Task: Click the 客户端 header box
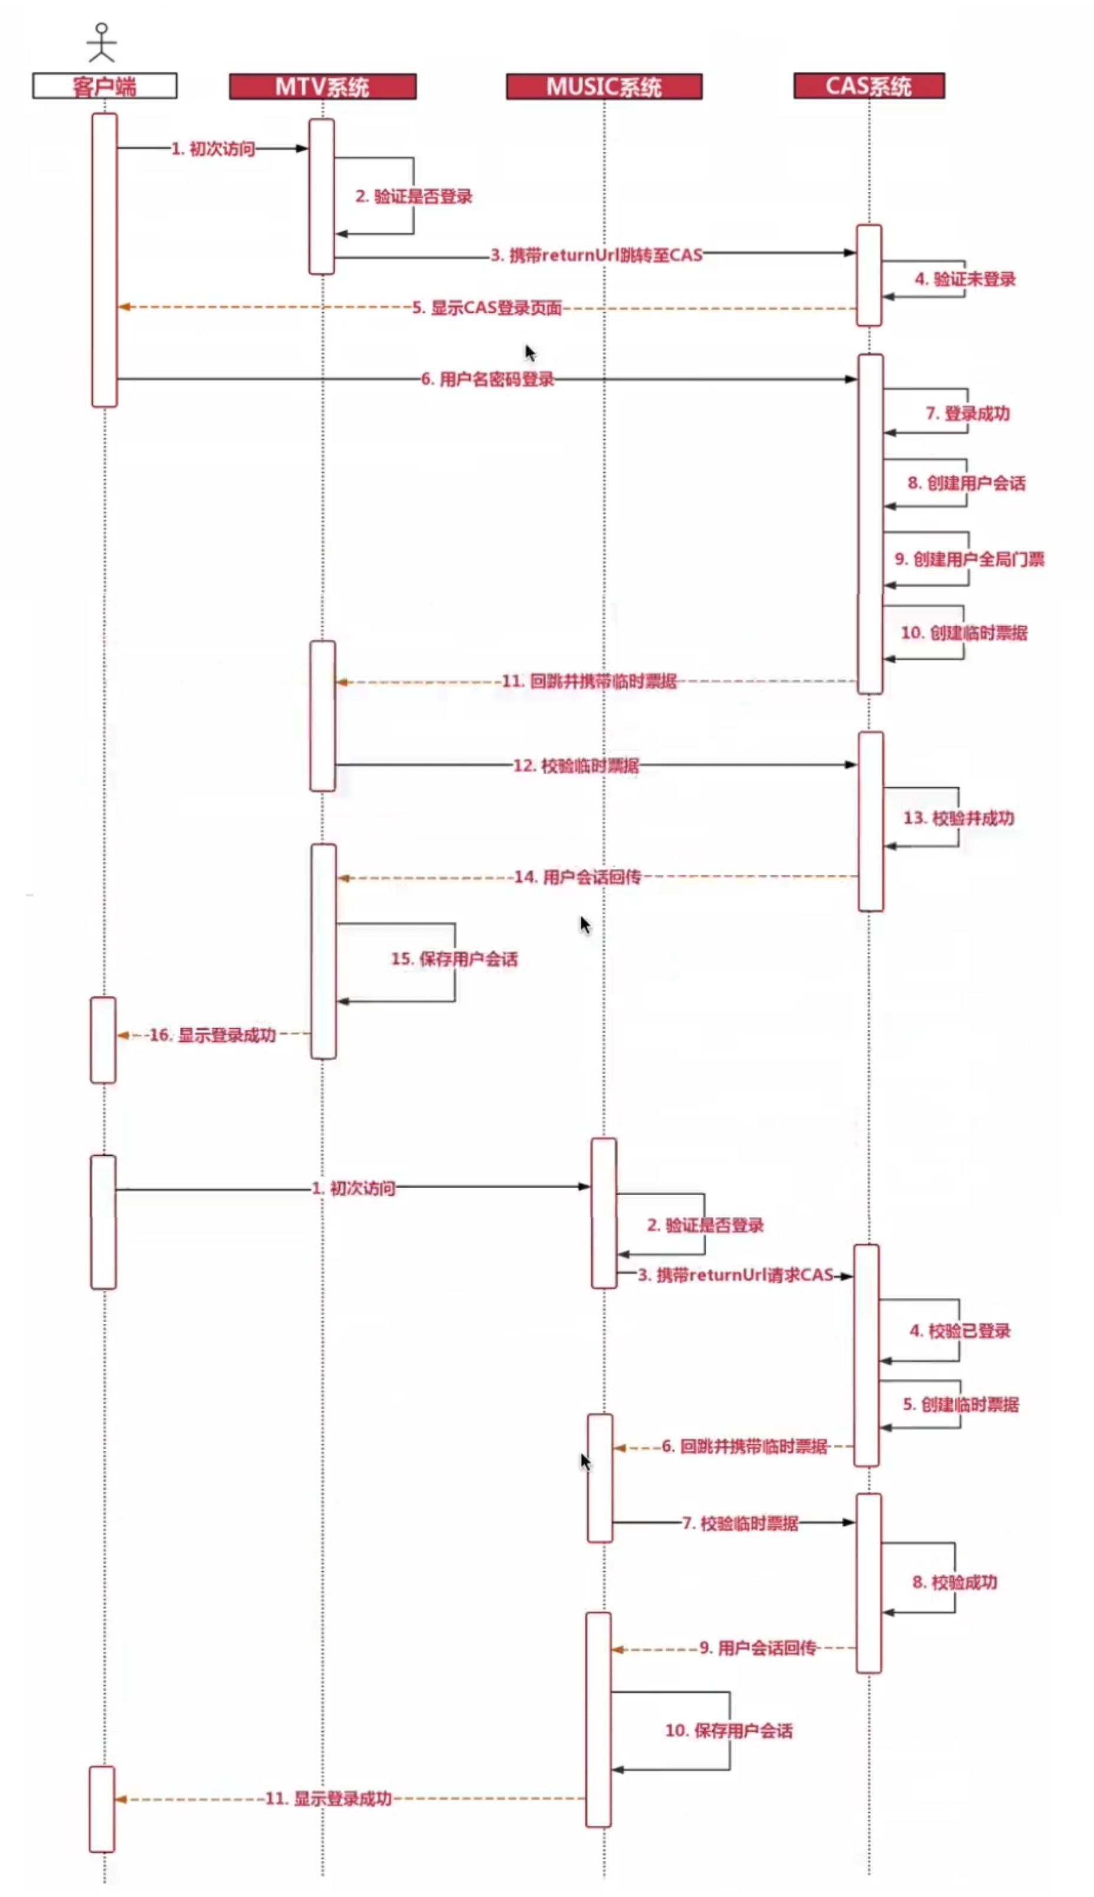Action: pyautogui.click(x=104, y=86)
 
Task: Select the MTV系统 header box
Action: pyautogui.click(x=322, y=86)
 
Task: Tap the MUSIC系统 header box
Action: pyautogui.click(x=604, y=86)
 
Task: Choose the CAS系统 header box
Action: pyautogui.click(x=869, y=86)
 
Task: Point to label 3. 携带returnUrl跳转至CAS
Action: pyautogui.click(x=597, y=255)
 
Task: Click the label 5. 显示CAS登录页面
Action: pyautogui.click(x=487, y=308)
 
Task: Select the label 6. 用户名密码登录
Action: pyautogui.click(x=487, y=379)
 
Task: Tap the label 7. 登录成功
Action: pyautogui.click(x=968, y=413)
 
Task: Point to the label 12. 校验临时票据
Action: pyautogui.click(x=575, y=765)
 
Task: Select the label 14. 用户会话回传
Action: pyautogui.click(x=577, y=876)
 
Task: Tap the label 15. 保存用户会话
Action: pyautogui.click(x=454, y=959)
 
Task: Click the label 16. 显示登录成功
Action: pyautogui.click(x=212, y=1035)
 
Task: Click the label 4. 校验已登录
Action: pyautogui.click(x=959, y=1330)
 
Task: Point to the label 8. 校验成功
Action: pyautogui.click(x=954, y=1581)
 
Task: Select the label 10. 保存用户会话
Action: pyautogui.click(x=728, y=1729)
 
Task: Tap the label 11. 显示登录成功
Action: pyautogui.click(x=328, y=1798)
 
